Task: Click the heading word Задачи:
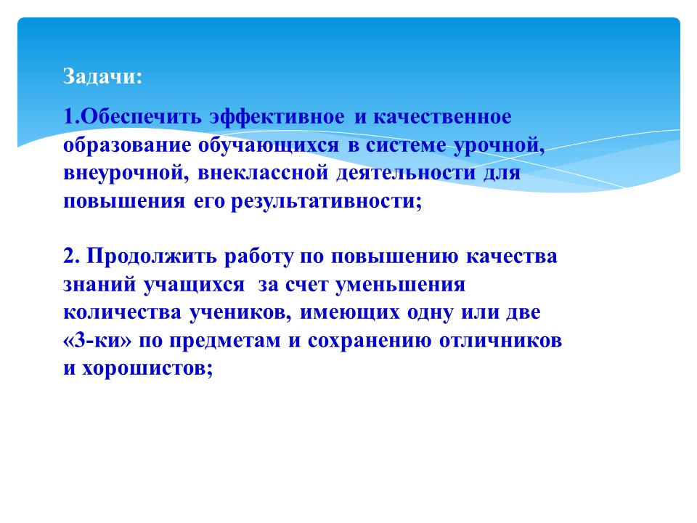tap(102, 76)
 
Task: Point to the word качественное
tap(442, 116)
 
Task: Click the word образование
tap(126, 145)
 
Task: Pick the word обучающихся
tap(269, 146)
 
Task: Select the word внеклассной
tap(263, 173)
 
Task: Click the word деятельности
tap(406, 174)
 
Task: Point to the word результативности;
tap(327, 202)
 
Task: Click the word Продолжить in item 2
tap(151, 256)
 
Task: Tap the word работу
tap(258, 257)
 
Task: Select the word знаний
tap(99, 285)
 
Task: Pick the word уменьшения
tap(401, 285)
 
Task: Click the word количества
tap(122, 312)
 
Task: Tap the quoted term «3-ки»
tap(97, 341)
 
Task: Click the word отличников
tap(500, 341)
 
